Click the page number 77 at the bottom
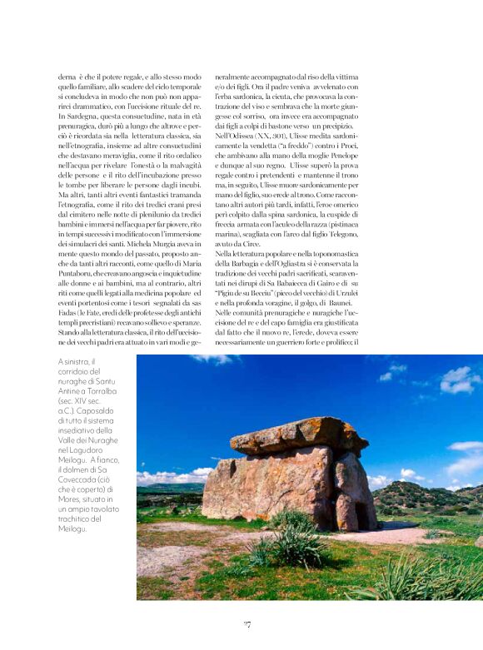click(246, 624)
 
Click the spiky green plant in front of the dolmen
click(284, 550)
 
